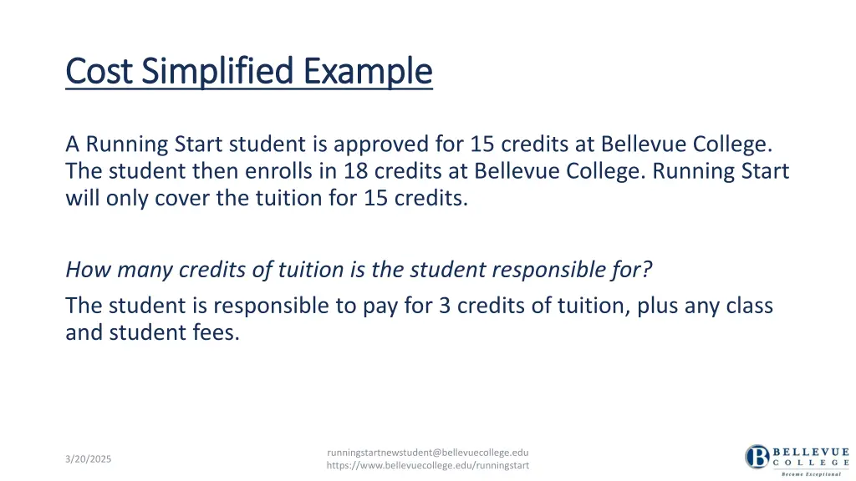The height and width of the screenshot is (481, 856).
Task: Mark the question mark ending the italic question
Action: click(x=646, y=270)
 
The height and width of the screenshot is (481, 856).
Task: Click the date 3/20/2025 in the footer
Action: click(x=88, y=459)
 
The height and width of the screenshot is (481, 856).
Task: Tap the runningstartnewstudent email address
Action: click(x=428, y=453)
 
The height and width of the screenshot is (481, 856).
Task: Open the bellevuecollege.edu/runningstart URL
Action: click(x=428, y=465)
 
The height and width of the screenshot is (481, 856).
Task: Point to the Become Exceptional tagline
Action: click(x=809, y=473)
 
